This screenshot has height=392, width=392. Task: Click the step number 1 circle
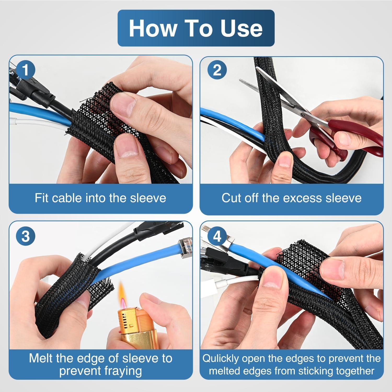25,70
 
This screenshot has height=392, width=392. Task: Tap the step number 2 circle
217,70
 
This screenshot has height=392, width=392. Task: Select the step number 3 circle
25,236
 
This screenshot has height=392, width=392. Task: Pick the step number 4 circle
217,236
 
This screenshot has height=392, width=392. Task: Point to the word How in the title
152,28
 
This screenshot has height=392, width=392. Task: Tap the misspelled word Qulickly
221,359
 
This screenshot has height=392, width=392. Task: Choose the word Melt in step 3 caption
41,358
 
